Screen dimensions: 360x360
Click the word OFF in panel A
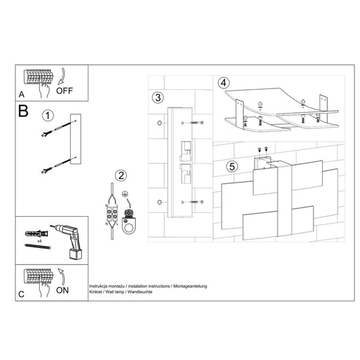[x=65, y=91]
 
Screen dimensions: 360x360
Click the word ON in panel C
[x=62, y=290]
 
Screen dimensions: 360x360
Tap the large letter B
[x=23, y=111]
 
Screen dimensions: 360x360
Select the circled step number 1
[x=48, y=115]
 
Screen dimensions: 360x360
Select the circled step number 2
[x=121, y=176]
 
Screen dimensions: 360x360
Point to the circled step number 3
[x=158, y=97]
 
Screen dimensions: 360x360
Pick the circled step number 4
[x=224, y=83]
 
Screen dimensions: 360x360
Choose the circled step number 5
[x=232, y=166]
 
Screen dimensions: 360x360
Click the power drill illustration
[x=68, y=242]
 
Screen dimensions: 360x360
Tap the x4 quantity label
[x=39, y=241]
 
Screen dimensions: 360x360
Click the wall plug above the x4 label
[x=36, y=234]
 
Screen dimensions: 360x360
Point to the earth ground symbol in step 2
[x=125, y=195]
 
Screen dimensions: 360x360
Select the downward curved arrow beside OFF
[x=61, y=76]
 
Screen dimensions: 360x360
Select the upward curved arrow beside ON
[x=61, y=276]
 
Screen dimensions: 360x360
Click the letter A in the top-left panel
[x=22, y=95]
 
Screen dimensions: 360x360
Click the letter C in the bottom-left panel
[x=21, y=294]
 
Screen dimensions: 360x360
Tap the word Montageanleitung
[x=190, y=286]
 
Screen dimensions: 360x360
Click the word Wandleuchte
[x=140, y=292]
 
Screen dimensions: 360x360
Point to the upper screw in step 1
[x=59, y=128]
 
